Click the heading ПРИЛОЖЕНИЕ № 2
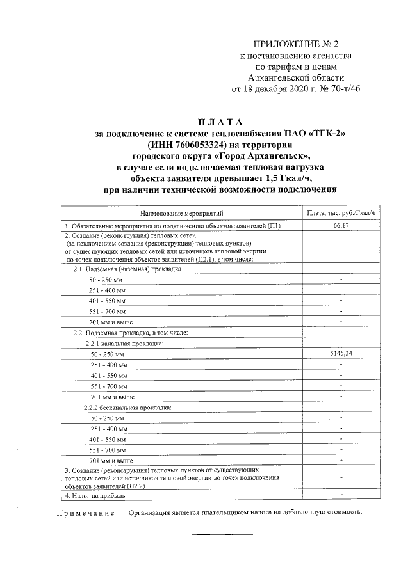[296, 44]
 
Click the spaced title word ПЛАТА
[220, 122]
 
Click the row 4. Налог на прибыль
[96, 496]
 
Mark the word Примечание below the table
[86, 512]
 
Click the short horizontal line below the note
[223, 534]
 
